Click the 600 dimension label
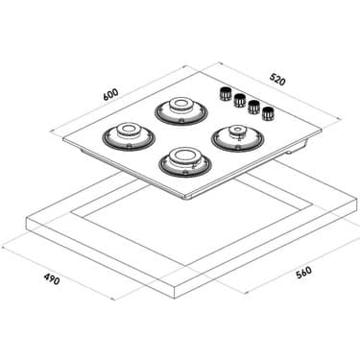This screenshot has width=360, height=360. [110, 94]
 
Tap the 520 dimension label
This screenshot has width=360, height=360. [277, 80]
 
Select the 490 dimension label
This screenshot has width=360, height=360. [52, 279]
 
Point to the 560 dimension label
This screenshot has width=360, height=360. [303, 273]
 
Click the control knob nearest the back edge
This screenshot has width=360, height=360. [226, 93]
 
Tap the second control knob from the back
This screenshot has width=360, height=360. [240, 100]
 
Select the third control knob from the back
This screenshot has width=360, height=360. [254, 108]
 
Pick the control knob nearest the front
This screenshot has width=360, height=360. [268, 114]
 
